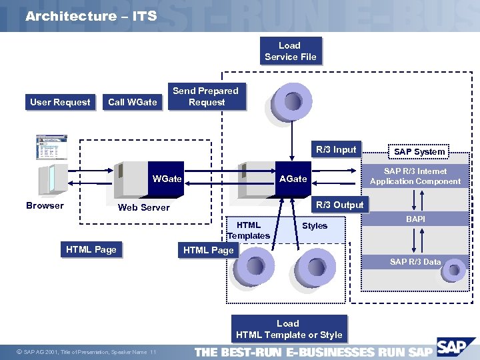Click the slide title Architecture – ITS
tap(91, 16)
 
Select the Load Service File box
tap(290, 51)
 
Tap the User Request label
tap(60, 102)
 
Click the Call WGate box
tap(132, 102)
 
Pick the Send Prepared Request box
tap(205, 97)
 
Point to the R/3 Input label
tap(336, 150)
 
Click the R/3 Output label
tap(339, 205)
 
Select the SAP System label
tap(419, 152)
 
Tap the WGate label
tap(167, 179)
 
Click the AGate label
tap(293, 179)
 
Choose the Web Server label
tap(143, 207)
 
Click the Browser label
tap(45, 205)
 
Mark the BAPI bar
tap(415, 219)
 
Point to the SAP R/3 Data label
tap(415, 262)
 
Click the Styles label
tap(315, 226)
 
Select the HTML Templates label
tap(249, 230)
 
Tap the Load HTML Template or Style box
tap(289, 329)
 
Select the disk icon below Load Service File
tap(291, 101)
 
